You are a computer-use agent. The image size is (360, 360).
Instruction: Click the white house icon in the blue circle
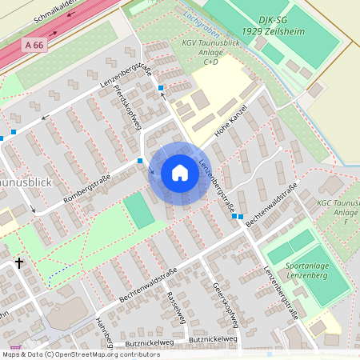(x=180, y=173)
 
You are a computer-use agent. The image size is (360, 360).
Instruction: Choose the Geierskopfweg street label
(x=225, y=303)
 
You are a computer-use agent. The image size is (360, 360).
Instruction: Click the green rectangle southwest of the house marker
(x=138, y=209)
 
